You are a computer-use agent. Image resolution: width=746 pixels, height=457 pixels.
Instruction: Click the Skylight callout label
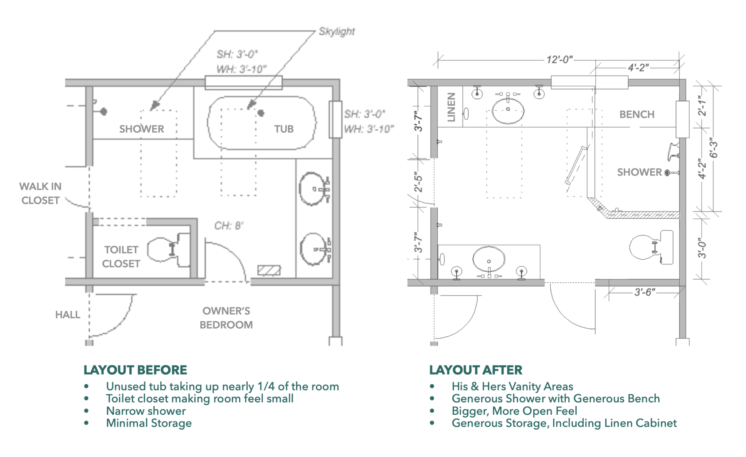pyautogui.click(x=337, y=32)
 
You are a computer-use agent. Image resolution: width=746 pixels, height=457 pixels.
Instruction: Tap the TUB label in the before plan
pyautogui.click(x=284, y=129)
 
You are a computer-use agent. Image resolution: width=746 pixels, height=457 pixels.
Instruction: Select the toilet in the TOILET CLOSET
pyautogui.click(x=168, y=250)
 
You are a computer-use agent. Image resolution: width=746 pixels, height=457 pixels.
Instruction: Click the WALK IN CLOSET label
pyautogui.click(x=40, y=193)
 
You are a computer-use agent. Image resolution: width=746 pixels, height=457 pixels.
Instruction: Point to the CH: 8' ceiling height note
pyautogui.click(x=229, y=226)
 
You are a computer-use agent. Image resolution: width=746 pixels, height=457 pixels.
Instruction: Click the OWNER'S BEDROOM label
pyautogui.click(x=226, y=318)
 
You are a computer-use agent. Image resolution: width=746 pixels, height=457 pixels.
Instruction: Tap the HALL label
pyautogui.click(x=68, y=315)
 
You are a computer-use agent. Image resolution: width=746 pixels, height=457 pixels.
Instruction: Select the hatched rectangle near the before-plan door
pyautogui.click(x=269, y=270)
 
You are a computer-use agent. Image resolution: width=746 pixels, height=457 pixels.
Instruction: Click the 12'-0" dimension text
pyautogui.click(x=559, y=59)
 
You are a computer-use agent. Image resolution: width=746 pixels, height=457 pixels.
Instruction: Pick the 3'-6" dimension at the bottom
pyautogui.click(x=644, y=292)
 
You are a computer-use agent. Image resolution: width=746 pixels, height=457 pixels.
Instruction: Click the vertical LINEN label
pyautogui.click(x=451, y=107)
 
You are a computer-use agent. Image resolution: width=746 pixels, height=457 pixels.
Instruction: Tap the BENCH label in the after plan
pyautogui.click(x=637, y=115)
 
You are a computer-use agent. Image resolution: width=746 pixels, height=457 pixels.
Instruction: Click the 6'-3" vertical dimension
pyautogui.click(x=713, y=148)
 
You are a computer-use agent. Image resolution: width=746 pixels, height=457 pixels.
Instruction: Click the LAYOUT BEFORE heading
pyautogui.click(x=135, y=370)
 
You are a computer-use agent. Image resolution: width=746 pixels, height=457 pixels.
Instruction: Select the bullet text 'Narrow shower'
pyautogui.click(x=146, y=411)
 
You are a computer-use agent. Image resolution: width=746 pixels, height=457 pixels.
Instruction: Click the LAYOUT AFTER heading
pyautogui.click(x=475, y=370)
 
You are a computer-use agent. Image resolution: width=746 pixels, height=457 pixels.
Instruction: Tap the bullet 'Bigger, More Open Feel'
pyautogui.click(x=514, y=411)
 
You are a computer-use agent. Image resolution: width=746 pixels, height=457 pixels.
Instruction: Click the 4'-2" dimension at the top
pyautogui.click(x=638, y=68)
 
